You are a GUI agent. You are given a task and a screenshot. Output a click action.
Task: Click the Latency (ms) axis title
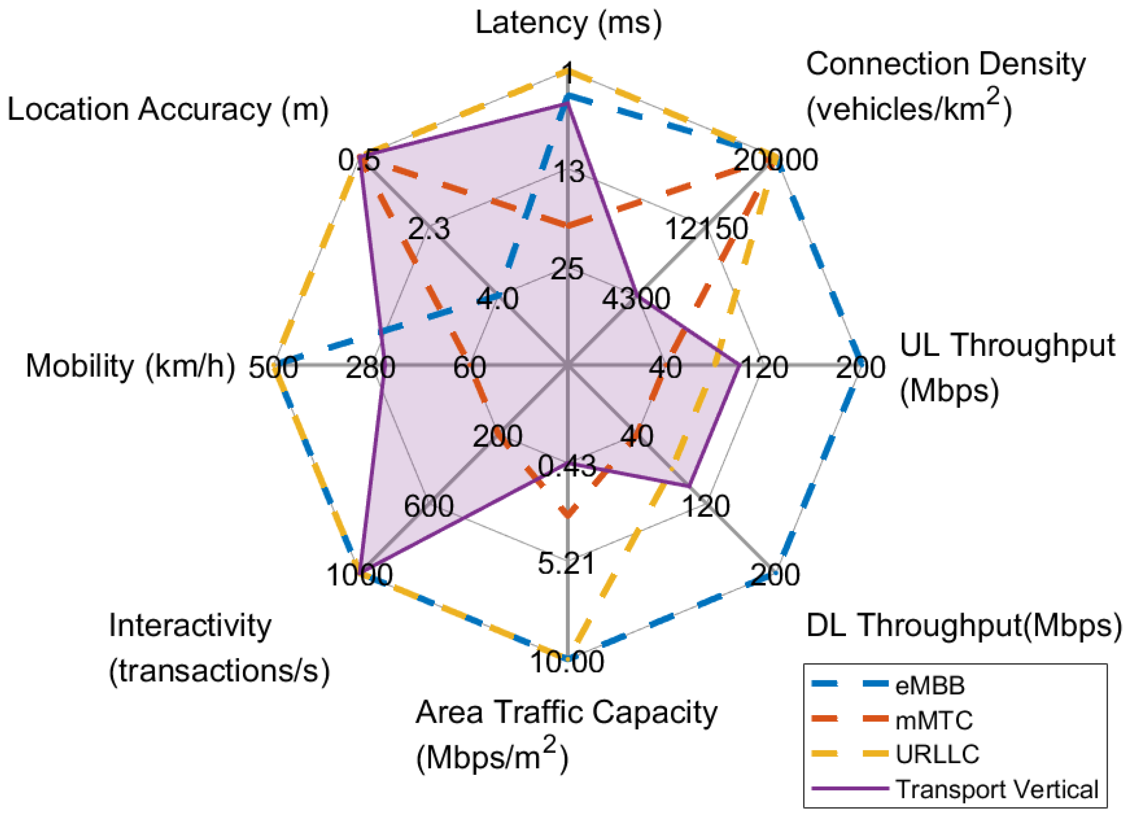[568, 23]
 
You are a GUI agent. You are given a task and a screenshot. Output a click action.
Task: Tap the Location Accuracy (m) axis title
[168, 109]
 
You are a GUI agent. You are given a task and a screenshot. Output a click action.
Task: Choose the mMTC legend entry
[934, 720]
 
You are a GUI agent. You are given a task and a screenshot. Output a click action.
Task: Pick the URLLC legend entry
[937, 754]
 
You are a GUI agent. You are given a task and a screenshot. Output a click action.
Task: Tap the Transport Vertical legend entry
[997, 789]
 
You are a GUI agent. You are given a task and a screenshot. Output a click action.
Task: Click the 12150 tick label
[706, 229]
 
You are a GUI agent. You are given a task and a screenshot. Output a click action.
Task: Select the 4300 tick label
[636, 299]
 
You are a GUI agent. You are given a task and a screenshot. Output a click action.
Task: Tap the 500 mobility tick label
[273, 368]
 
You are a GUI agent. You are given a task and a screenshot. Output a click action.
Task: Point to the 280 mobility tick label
[370, 368]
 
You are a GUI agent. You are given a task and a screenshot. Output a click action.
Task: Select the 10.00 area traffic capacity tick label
[567, 662]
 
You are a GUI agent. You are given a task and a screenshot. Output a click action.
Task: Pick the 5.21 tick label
[567, 564]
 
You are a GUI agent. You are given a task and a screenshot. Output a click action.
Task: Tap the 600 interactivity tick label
[428, 506]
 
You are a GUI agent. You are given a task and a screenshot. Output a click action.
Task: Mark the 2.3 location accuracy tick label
[429, 229]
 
